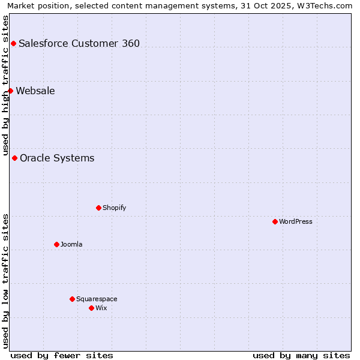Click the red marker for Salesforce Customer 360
(13, 43)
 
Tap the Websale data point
(10, 91)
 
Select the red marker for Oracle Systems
(14, 158)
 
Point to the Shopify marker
(98, 208)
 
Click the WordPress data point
(275, 221)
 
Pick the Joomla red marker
(56, 244)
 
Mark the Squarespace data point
(72, 299)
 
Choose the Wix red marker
(91, 308)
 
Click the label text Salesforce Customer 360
(79, 43)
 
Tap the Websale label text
(35, 91)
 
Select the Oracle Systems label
(57, 158)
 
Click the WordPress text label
(296, 221)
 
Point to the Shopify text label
(114, 208)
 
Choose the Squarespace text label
(97, 299)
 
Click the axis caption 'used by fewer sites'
(62, 355)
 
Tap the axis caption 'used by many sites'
(301, 355)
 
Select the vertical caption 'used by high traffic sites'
(5, 85)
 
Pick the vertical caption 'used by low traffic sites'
(5, 281)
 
